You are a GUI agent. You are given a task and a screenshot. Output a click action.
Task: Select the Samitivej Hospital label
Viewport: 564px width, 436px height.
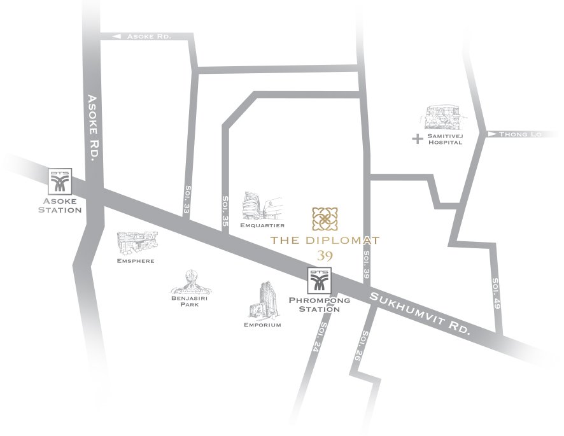click(444, 139)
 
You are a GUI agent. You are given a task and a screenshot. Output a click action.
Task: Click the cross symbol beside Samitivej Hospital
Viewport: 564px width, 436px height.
click(417, 138)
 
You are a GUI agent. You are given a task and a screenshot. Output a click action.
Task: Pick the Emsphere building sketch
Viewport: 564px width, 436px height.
click(136, 244)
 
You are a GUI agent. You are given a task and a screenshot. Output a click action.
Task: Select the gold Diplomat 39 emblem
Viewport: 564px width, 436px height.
click(325, 219)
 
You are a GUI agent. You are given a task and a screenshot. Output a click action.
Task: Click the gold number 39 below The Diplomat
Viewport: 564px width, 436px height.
click(325, 255)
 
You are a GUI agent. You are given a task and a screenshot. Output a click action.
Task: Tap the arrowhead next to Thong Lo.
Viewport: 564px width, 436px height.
click(491, 134)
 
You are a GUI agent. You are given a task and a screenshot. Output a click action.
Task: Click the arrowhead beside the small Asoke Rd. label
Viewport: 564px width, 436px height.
click(116, 37)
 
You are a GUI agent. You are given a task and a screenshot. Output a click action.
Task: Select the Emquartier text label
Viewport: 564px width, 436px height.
click(262, 225)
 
